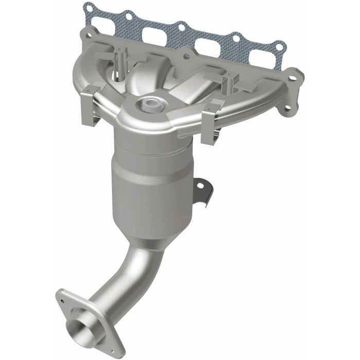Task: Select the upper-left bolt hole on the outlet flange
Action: coord(63,295)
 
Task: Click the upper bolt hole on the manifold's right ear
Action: coord(293,79)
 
